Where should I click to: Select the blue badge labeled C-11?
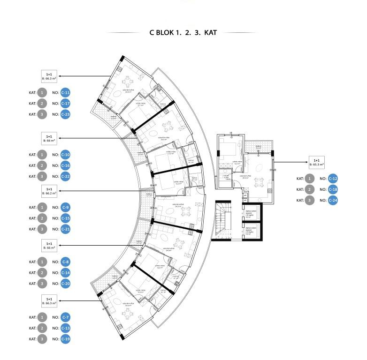pos(66,92)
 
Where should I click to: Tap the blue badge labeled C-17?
pos(66,104)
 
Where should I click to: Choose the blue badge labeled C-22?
pos(66,177)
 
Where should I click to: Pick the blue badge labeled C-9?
pos(66,207)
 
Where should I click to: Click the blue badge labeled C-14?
pos(66,273)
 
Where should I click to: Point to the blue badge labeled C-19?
pos(66,339)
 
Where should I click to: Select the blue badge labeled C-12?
pos(333,179)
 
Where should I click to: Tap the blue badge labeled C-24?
pos(333,201)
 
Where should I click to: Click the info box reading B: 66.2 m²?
pos(49,191)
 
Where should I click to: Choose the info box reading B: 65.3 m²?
pos(317,162)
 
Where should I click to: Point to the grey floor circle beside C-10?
pos(42,155)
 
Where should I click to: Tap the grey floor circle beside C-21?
pos(42,229)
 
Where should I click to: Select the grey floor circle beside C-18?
pos(310,190)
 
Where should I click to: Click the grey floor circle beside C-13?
pos(42,328)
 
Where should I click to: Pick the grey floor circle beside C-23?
pos(42,114)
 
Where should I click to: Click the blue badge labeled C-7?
pos(66,317)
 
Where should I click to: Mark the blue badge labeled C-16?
pos(66,165)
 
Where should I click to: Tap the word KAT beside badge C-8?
pos(32,262)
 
